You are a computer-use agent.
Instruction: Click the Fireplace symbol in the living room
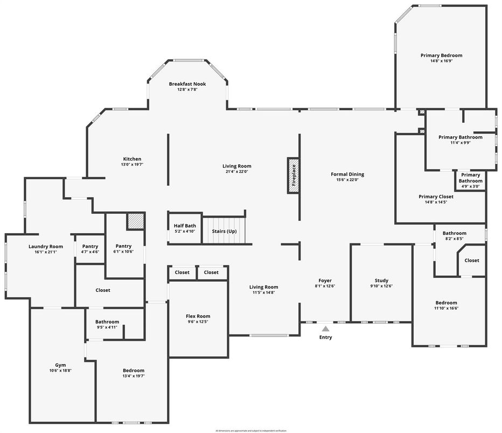pos(294,175)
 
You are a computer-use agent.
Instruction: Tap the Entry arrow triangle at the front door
pos(325,327)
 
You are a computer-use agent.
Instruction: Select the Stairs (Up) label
pos(224,231)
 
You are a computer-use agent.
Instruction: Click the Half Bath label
pos(184,226)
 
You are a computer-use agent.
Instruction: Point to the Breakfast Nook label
pos(187,84)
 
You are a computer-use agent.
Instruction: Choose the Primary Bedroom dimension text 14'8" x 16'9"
pos(441,61)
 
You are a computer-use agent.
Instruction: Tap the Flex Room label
pos(199,316)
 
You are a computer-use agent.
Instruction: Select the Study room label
pos(381,281)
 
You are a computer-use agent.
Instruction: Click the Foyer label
pos(325,281)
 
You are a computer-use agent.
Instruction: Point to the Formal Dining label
pos(347,174)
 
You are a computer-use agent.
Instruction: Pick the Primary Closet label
pos(436,197)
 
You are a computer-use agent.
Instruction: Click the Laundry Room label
pos(46,247)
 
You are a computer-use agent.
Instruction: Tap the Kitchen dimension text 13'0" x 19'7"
pos(132,165)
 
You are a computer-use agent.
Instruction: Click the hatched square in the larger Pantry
pos(136,221)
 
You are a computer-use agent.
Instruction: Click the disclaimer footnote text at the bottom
pos(251,431)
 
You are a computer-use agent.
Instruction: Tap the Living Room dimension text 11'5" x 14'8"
pos(263,292)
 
